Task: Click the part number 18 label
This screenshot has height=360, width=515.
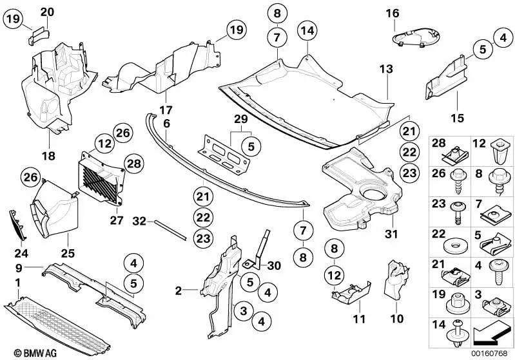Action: coord(49,156)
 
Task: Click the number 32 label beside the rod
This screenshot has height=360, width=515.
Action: coord(139,221)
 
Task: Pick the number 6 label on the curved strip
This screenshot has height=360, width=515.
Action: coord(166,122)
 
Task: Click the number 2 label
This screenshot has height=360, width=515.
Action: coord(179,291)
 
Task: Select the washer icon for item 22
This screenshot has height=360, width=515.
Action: coord(454,249)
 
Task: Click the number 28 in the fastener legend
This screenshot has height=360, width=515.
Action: coord(438,142)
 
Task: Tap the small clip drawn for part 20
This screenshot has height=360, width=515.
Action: coord(37,33)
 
